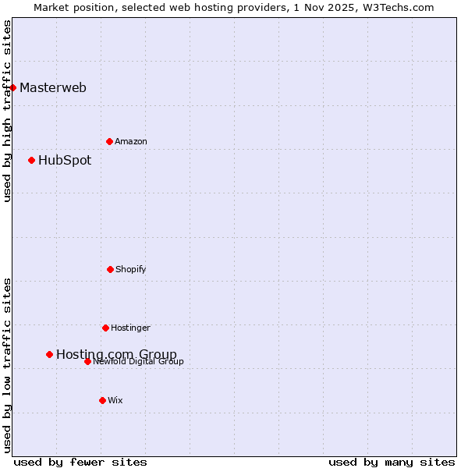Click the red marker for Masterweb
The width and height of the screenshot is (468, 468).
(x=13, y=87)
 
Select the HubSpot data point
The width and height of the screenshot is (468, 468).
(x=32, y=160)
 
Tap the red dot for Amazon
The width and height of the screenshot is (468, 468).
(x=110, y=141)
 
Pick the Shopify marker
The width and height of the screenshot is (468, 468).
(x=110, y=269)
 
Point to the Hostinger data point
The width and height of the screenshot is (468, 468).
(x=105, y=328)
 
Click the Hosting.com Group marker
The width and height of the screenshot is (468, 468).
(x=50, y=354)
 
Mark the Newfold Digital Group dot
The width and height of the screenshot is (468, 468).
(x=87, y=361)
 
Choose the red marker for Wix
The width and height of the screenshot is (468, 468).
(x=102, y=400)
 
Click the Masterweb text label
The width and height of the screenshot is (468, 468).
(x=53, y=87)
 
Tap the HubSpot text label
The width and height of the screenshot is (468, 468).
(x=65, y=161)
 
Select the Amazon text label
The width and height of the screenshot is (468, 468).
(x=131, y=142)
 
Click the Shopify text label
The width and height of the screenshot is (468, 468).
(x=131, y=270)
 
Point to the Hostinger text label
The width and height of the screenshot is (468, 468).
(x=130, y=328)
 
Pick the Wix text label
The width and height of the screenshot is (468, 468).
(x=115, y=401)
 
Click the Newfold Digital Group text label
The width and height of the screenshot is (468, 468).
(x=139, y=362)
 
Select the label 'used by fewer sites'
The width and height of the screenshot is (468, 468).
(x=80, y=462)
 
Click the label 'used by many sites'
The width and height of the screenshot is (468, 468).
(x=392, y=462)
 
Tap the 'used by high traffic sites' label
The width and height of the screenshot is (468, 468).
(x=7, y=111)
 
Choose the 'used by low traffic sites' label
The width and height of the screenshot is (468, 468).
(x=7, y=365)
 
